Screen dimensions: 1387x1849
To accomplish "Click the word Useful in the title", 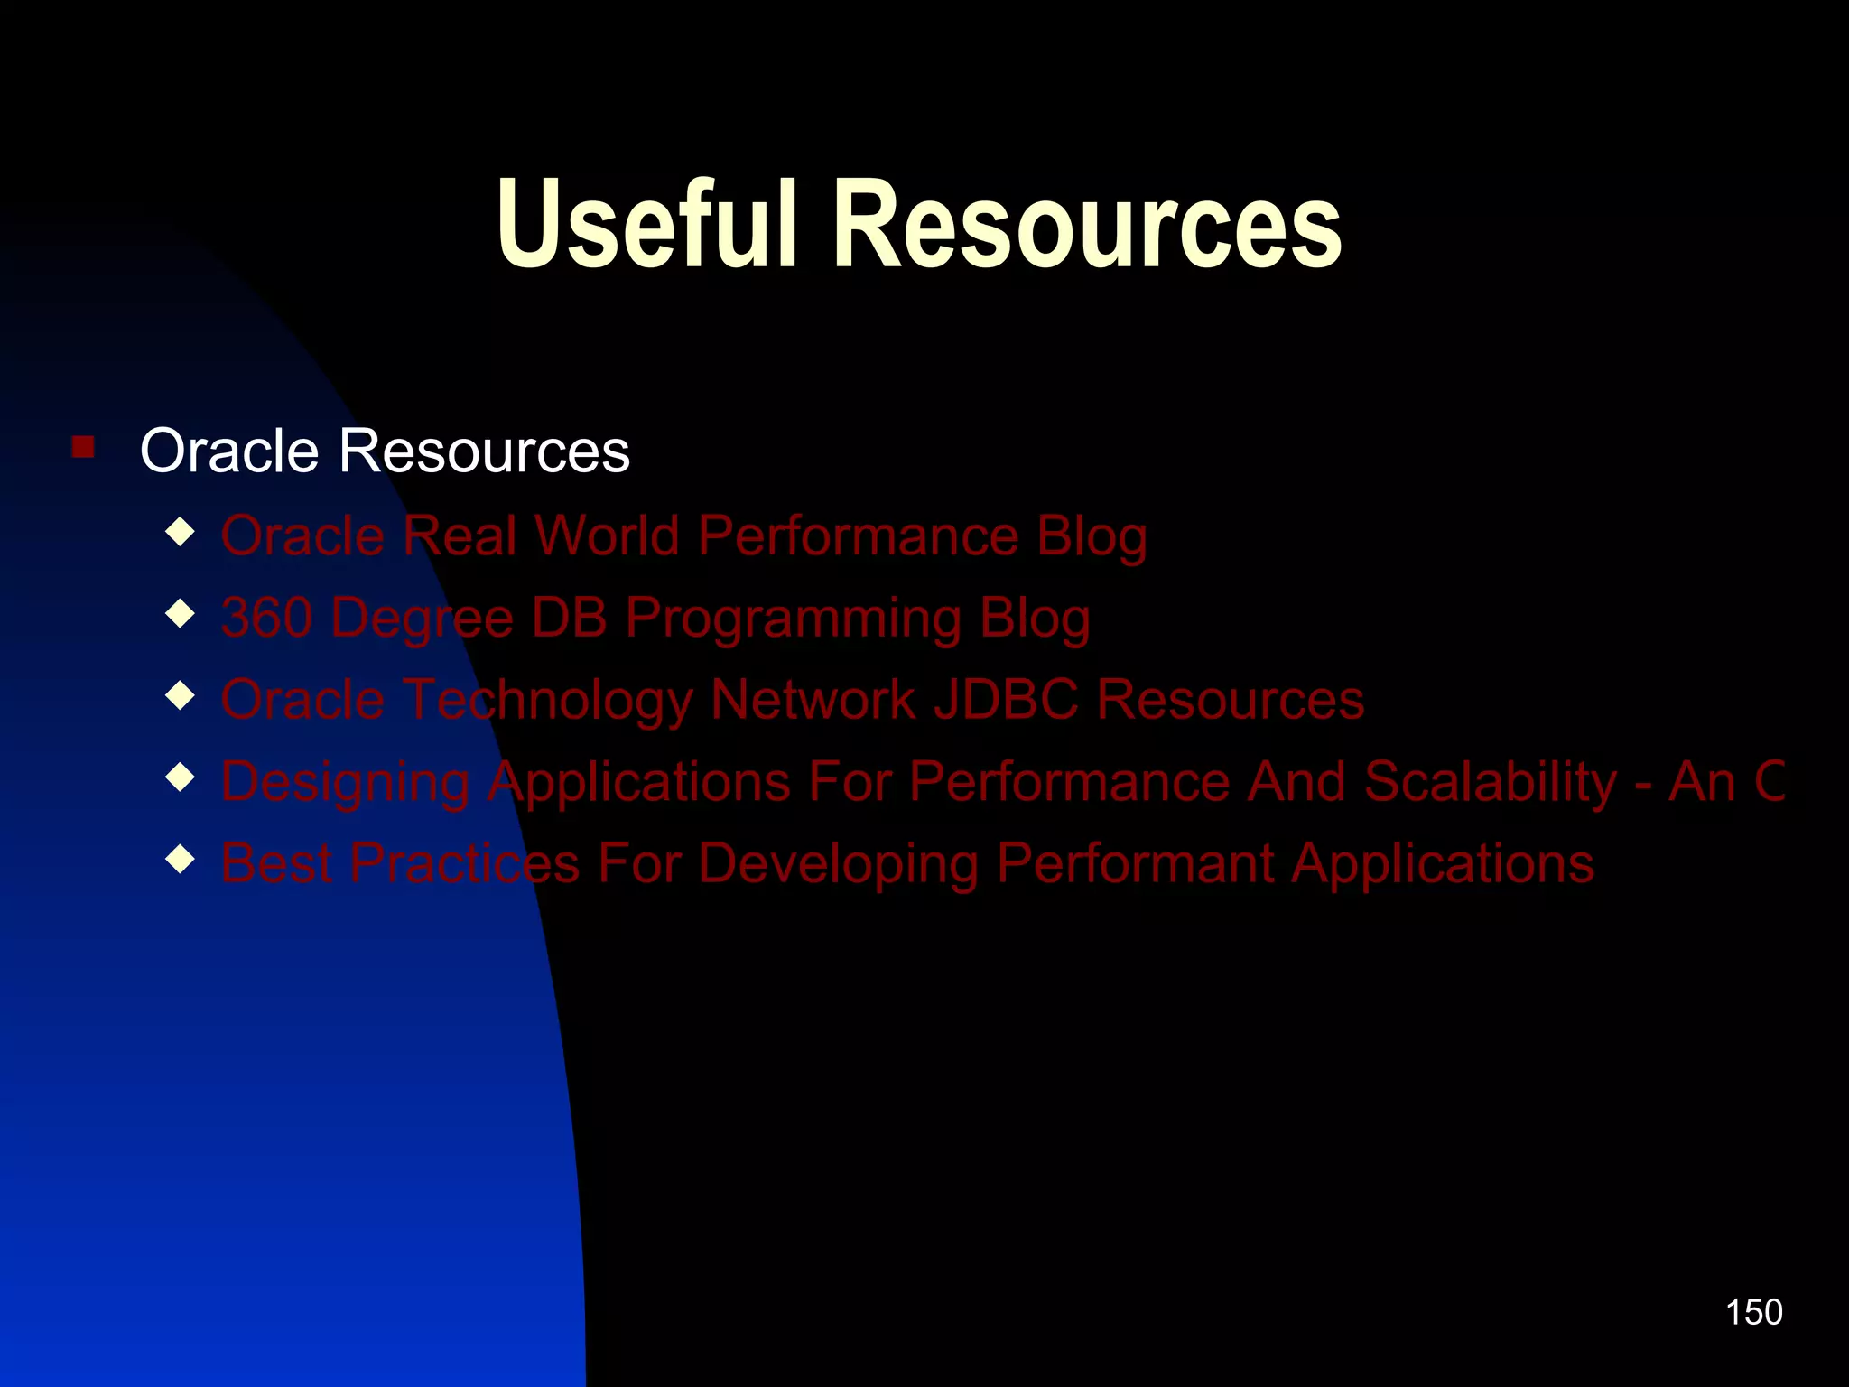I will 646,224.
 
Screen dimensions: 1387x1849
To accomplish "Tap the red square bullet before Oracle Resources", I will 83,447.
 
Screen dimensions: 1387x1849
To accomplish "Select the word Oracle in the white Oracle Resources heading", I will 229,451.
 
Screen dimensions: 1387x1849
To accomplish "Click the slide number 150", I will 1753,1312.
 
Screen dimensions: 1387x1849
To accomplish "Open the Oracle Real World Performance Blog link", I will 683,536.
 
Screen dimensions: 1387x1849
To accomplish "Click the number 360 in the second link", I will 266,618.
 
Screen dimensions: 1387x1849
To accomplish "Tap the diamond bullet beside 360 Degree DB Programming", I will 181,614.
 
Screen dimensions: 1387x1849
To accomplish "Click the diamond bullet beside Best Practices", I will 181,859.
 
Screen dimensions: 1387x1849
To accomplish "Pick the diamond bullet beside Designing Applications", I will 181,777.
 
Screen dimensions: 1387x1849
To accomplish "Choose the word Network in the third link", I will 813,700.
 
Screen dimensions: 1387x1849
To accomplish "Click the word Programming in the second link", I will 794,619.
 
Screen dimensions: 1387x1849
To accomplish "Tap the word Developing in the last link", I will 838,864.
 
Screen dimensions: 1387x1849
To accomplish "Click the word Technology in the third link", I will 547,700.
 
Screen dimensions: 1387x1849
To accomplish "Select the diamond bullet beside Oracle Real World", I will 181,532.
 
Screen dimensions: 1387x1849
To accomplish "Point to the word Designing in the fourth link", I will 345,782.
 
